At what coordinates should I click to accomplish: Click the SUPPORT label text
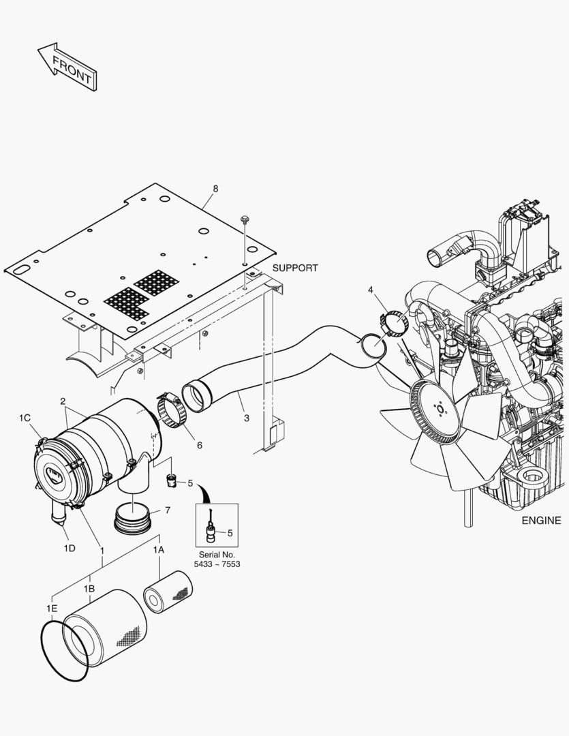point(294,268)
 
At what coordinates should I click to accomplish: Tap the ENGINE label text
point(541,521)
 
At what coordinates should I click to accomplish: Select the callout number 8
point(215,189)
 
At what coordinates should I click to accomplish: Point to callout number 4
point(371,290)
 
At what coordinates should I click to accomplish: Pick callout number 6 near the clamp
point(200,445)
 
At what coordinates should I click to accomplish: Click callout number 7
point(168,510)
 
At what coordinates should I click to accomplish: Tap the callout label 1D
point(69,548)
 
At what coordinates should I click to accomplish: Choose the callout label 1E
point(52,607)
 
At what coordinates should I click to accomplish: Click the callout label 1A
point(158,549)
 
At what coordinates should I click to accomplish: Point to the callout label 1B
point(89,588)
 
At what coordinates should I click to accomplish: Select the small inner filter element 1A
point(168,591)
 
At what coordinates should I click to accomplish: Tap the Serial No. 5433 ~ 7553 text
point(217,559)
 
